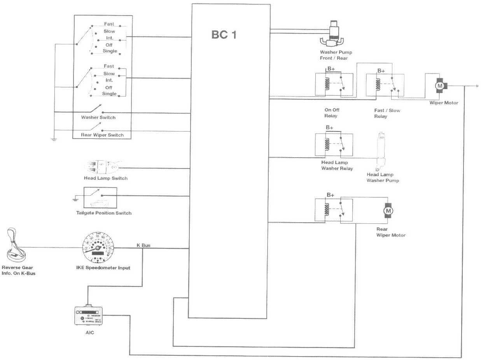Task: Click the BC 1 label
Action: click(224, 35)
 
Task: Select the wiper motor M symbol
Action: click(440, 85)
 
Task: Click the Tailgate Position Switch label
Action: click(104, 213)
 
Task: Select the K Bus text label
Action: click(143, 245)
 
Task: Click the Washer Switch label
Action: click(98, 117)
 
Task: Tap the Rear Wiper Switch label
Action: click(102, 135)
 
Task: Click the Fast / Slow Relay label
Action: click(387, 113)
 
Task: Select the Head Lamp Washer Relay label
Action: click(337, 165)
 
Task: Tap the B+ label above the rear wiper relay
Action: click(331, 195)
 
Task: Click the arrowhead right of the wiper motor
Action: click(477, 86)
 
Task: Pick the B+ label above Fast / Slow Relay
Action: click(381, 71)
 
